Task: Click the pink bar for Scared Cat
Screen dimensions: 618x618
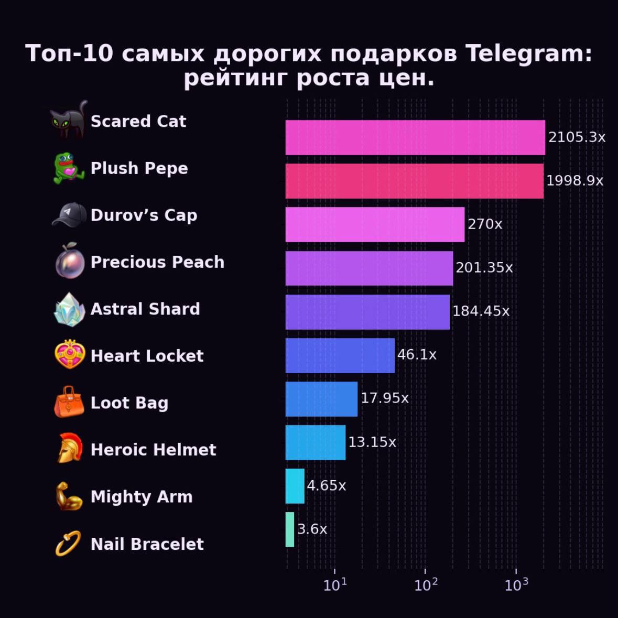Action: (x=415, y=137)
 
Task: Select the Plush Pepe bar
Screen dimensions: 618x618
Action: (x=414, y=181)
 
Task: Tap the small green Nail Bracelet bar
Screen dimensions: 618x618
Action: (x=290, y=529)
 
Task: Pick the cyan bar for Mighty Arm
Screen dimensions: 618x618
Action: (x=295, y=486)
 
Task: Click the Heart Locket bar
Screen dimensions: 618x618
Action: (x=340, y=355)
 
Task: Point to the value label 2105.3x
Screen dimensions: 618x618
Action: (x=577, y=137)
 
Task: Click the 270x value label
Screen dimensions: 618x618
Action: (x=484, y=224)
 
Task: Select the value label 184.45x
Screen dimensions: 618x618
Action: (x=480, y=311)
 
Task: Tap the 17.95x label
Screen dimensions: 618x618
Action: (x=384, y=398)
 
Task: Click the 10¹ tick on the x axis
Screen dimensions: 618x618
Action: (x=335, y=585)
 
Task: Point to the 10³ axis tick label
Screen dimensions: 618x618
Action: (x=516, y=585)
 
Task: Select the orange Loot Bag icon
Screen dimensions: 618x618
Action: (x=69, y=402)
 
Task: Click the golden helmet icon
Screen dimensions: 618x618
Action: (x=69, y=449)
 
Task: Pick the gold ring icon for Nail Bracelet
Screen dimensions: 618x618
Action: (x=68, y=543)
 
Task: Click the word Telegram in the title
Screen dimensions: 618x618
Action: (x=528, y=53)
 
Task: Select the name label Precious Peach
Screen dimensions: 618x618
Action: (x=157, y=262)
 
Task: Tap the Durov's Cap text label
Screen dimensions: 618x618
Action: (x=144, y=215)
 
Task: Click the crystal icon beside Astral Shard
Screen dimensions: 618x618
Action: (x=69, y=309)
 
